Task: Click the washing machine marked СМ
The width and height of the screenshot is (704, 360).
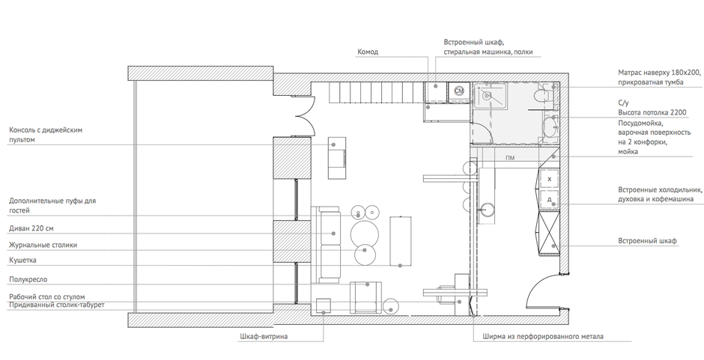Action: tap(458, 91)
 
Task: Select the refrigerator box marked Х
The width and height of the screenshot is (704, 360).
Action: tap(549, 179)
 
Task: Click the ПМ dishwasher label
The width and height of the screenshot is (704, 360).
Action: tap(509, 158)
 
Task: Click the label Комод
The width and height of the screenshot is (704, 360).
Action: tap(368, 52)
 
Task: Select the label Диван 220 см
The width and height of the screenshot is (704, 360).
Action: tap(31, 228)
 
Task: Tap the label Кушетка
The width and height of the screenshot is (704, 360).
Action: tap(23, 260)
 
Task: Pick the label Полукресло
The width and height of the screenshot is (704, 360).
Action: tap(28, 280)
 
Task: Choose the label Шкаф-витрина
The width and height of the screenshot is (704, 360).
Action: tap(264, 337)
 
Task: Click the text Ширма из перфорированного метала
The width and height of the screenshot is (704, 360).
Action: tap(543, 337)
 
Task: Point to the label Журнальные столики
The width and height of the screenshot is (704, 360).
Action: tap(43, 245)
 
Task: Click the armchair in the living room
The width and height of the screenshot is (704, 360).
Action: tap(365, 297)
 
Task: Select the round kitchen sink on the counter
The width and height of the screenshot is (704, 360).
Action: tap(487, 209)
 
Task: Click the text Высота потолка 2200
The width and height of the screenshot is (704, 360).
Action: tap(652, 113)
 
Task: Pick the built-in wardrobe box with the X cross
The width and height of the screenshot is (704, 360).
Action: tap(549, 232)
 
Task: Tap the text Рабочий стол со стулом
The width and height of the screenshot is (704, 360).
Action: tap(47, 297)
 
